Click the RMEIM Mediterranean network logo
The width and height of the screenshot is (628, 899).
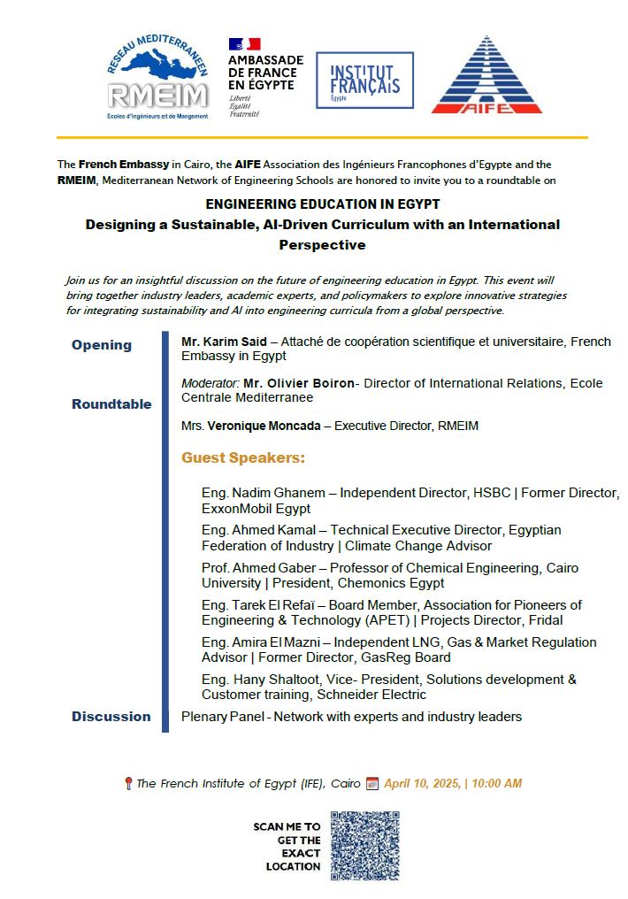click(157, 78)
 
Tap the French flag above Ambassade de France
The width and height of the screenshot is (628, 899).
click(244, 43)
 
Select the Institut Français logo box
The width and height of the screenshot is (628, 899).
click(364, 81)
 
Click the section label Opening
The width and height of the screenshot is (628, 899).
click(102, 345)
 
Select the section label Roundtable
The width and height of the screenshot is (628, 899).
click(111, 404)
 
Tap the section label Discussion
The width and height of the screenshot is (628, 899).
click(111, 717)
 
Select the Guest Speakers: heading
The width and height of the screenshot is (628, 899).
click(243, 458)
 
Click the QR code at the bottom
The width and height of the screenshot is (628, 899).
click(365, 846)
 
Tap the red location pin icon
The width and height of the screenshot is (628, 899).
click(128, 783)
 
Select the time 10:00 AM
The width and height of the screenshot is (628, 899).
click(495, 783)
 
